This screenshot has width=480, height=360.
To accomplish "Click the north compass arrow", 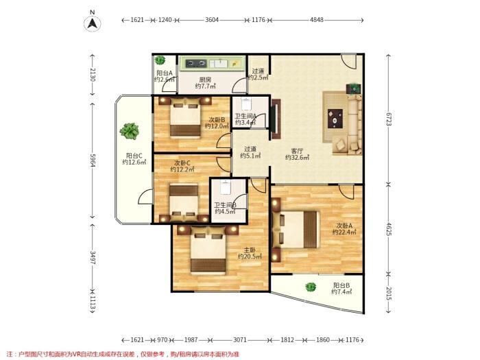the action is pyautogui.click(x=93, y=23).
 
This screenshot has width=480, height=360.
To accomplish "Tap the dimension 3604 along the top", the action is pyautogui.click(x=212, y=20).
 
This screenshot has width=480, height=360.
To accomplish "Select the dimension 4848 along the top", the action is pyautogui.click(x=317, y=20).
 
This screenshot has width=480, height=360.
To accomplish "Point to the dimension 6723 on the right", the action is pyautogui.click(x=389, y=119).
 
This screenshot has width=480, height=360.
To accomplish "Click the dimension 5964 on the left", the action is pyautogui.click(x=93, y=160).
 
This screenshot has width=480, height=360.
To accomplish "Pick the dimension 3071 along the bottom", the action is pyautogui.click(x=240, y=340).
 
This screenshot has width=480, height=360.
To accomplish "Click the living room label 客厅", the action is pyautogui.click(x=297, y=151).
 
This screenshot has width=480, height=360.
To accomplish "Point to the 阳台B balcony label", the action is pyautogui.click(x=341, y=285).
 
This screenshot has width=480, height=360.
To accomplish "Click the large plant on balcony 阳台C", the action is pyautogui.click(x=130, y=131).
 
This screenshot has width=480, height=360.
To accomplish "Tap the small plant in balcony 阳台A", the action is pyautogui.click(x=159, y=60).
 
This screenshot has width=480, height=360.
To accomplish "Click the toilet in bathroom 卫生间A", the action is pyautogui.click(x=245, y=104).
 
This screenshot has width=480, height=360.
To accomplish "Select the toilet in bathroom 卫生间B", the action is pyautogui.click(x=225, y=187).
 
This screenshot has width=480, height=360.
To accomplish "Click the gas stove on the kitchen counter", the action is pyautogui.click(x=196, y=64).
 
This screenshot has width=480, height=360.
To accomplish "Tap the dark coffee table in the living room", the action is pyautogui.click(x=335, y=119).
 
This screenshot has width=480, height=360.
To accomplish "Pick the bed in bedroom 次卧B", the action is pyautogui.click(x=186, y=118).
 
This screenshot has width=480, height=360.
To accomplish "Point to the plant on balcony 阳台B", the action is pyautogui.click(x=311, y=287).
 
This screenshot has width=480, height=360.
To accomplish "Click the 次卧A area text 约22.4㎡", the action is pyautogui.click(x=344, y=232).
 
